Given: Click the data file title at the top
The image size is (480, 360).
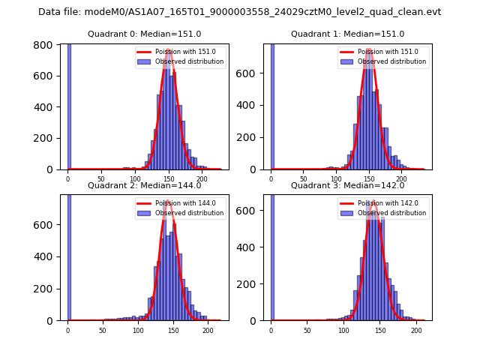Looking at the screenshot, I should pos(239,12).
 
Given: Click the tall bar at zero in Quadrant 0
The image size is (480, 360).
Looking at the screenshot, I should pos(69,105).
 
